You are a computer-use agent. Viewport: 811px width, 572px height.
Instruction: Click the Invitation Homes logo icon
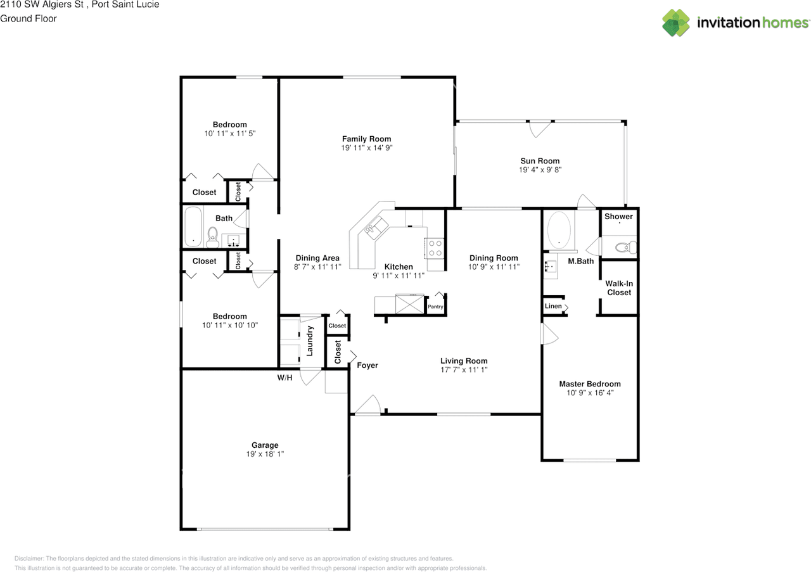click(676, 22)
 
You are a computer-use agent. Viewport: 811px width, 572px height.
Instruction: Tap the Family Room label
click(366, 139)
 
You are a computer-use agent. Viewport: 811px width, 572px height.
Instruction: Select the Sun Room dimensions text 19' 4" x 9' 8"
click(540, 170)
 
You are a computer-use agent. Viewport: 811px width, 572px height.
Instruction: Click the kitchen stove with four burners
click(435, 248)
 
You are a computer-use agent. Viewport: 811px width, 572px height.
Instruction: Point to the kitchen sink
click(376, 227)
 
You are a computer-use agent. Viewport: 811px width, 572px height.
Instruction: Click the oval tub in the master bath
click(559, 230)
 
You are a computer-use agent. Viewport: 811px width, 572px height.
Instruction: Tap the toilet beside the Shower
click(625, 248)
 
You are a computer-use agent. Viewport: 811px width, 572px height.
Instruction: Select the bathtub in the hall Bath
click(193, 227)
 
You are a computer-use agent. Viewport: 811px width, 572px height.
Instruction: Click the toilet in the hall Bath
click(212, 237)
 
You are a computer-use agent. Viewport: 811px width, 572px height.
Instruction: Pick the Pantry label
click(435, 307)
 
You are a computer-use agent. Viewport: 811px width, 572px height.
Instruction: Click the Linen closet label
click(553, 307)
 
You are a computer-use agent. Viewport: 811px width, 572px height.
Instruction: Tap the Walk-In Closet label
click(619, 288)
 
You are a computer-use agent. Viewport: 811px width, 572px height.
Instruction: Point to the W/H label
click(284, 378)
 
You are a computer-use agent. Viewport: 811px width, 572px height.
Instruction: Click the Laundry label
click(310, 341)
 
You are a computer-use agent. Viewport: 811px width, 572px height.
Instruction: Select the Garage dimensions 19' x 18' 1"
click(265, 454)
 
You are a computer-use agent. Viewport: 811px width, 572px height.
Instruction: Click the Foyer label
click(367, 365)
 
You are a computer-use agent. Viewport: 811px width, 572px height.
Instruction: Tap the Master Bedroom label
click(590, 384)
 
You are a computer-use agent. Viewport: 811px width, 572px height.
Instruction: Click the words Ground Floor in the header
click(29, 18)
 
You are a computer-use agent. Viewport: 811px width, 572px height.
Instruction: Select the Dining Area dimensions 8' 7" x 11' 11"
click(317, 267)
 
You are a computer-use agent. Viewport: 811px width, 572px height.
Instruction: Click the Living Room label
click(464, 361)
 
